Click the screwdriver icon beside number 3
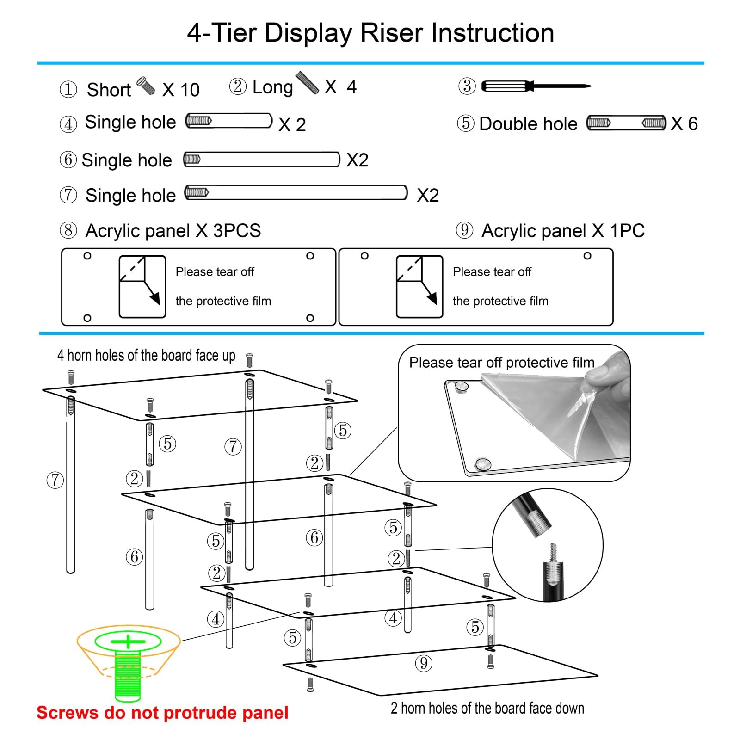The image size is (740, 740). (x=536, y=86)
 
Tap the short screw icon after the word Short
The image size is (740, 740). (x=146, y=86)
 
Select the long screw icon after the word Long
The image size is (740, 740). (x=307, y=83)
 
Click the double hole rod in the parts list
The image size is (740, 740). (x=626, y=123)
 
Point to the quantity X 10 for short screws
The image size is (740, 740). (x=181, y=90)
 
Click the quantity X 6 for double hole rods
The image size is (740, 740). (x=684, y=123)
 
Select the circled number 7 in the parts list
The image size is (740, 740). (x=68, y=195)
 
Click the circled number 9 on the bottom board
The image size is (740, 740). (x=424, y=663)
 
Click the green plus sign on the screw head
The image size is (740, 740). (x=128, y=641)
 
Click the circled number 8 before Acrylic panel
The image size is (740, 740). (x=68, y=230)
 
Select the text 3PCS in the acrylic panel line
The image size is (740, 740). (x=237, y=231)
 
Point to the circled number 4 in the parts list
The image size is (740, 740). (x=68, y=124)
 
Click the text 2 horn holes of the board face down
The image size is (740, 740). (x=487, y=708)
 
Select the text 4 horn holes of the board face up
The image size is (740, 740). (x=146, y=355)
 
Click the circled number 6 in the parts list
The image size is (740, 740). (x=68, y=160)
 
